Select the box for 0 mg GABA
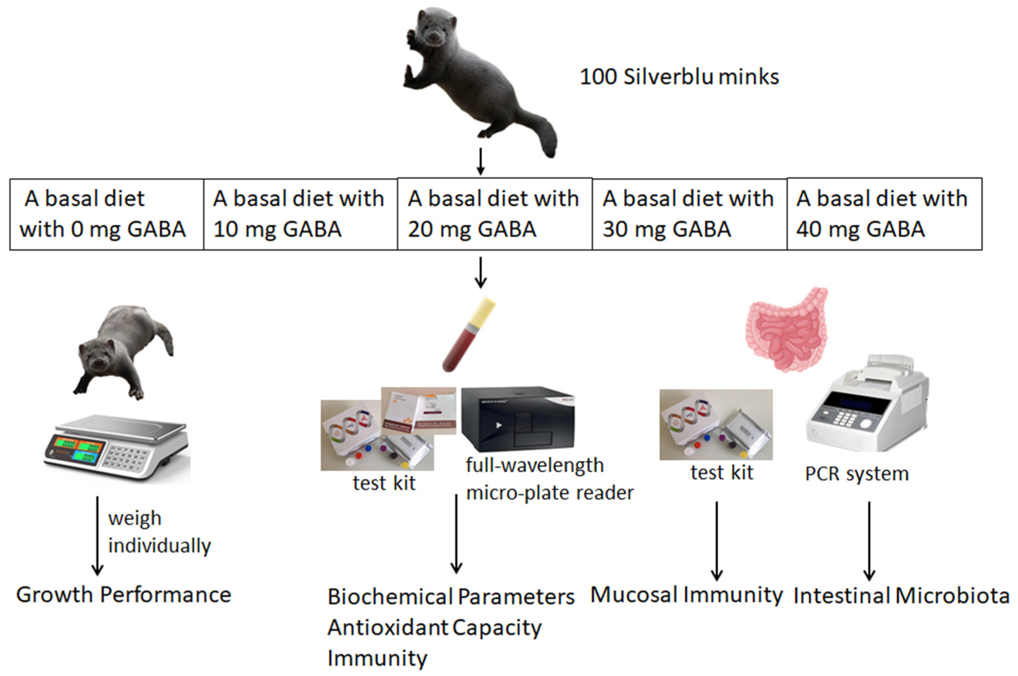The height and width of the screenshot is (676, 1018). click(107, 214)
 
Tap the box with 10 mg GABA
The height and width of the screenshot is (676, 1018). click(300, 214)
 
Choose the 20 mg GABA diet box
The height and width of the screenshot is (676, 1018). click(494, 214)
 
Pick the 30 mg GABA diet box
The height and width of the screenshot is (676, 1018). click(689, 214)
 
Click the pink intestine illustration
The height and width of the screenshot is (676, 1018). click(787, 330)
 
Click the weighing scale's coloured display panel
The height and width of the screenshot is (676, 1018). click(76, 448)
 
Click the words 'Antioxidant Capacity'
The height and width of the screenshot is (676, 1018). click(434, 628)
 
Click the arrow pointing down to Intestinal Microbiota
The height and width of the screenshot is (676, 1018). click(869, 541)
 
